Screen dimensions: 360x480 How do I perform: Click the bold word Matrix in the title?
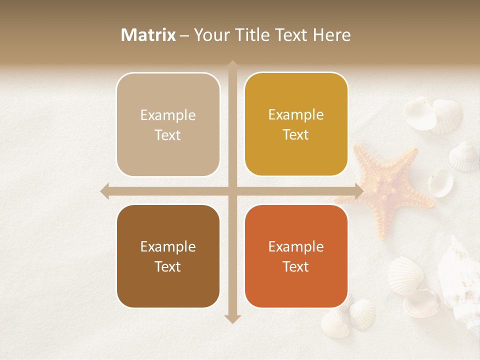148,35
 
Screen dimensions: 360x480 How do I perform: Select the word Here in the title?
331,35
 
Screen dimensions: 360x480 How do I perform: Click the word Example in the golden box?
296,114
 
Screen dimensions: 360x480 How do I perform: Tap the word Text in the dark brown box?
167,266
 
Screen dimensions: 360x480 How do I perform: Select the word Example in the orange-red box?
296,246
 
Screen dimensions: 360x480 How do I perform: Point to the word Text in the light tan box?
167,135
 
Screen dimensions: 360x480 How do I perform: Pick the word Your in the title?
210,35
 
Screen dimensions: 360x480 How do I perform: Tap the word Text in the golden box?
296,134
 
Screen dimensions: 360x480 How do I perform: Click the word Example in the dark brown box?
167,246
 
